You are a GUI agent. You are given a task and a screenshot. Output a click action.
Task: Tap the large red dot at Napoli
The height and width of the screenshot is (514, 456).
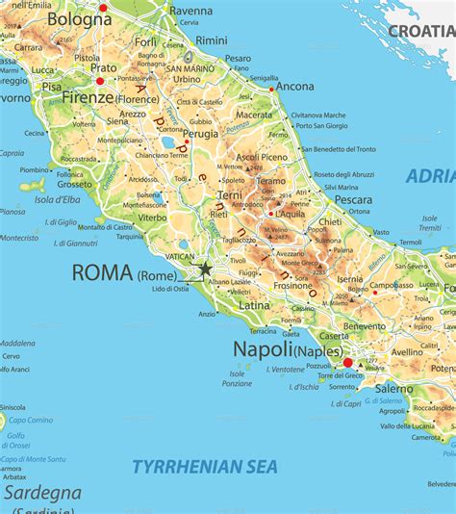348,364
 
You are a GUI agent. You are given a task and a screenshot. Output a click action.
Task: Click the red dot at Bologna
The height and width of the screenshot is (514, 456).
103,8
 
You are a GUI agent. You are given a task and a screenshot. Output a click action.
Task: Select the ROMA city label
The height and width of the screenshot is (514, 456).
102,272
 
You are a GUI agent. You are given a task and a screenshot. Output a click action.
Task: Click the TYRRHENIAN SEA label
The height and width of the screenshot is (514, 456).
204,467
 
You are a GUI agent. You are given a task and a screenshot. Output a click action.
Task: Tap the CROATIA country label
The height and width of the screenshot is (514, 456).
420,32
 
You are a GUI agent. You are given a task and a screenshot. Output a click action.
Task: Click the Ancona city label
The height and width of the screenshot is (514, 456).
294,86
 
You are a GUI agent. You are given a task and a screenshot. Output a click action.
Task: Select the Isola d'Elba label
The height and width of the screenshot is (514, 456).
60,199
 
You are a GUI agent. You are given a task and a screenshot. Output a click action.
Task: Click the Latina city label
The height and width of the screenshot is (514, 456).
255,305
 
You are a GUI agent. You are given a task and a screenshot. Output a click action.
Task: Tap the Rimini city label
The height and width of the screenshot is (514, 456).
212,40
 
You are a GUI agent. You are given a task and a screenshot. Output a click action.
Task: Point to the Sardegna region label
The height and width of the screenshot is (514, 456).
39,492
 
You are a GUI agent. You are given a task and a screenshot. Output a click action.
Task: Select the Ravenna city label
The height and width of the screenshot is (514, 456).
190,11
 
